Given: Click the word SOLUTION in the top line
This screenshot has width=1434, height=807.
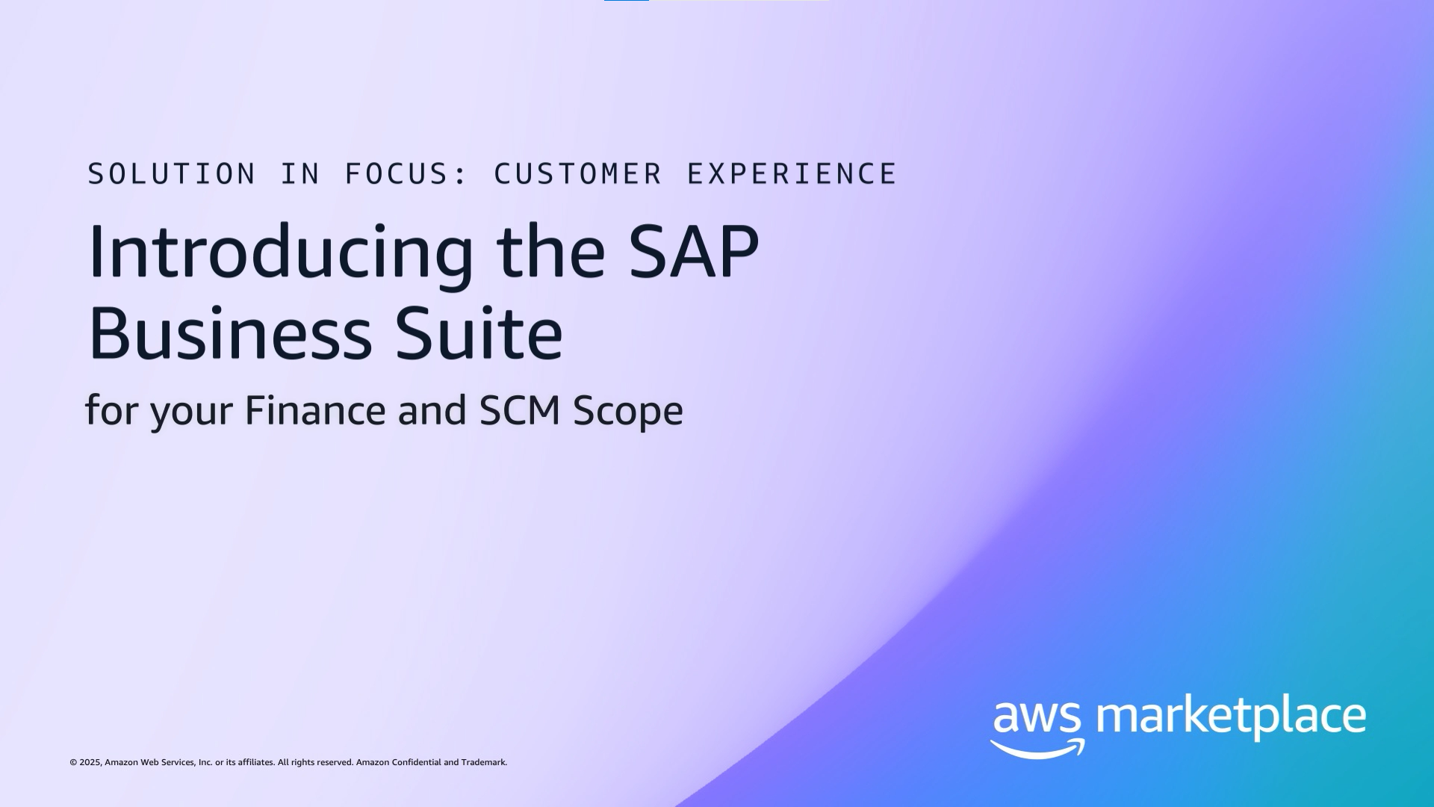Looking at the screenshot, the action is point(172,174).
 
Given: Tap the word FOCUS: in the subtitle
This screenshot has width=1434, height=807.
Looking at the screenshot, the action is point(406,174).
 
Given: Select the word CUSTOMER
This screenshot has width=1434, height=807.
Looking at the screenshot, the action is point(578,174).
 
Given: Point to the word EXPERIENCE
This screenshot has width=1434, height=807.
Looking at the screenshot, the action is point(792,174).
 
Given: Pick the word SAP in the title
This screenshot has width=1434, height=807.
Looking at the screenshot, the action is point(694,252).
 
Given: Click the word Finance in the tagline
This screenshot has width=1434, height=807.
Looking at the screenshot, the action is point(314,410).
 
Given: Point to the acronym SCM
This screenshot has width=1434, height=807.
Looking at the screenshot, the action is point(520,410).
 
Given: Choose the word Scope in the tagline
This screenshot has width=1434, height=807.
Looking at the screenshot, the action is point(628,412).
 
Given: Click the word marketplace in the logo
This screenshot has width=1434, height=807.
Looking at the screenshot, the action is point(1231,717).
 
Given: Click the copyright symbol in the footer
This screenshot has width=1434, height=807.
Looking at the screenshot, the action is point(73,763).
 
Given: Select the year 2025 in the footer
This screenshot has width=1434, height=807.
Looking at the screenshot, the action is point(90,763).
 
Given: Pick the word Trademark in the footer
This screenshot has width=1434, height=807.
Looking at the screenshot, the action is point(484,763).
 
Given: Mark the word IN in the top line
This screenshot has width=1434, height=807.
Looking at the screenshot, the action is point(300,174).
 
